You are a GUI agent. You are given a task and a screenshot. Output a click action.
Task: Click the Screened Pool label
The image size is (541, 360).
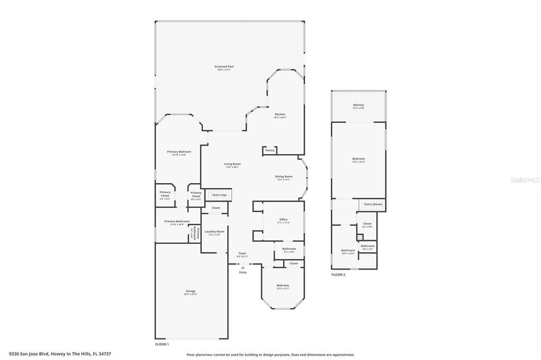[x=224, y=68]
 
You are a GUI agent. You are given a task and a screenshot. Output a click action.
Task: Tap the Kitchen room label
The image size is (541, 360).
[x=280, y=115]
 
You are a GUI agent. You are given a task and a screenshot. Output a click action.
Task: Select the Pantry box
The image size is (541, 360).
[x=270, y=150]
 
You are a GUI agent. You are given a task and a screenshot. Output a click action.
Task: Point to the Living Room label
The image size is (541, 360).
[x=232, y=165]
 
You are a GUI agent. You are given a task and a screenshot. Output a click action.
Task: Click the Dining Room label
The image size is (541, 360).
[x=284, y=177]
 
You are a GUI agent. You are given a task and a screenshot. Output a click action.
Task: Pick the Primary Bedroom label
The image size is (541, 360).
[x=179, y=153]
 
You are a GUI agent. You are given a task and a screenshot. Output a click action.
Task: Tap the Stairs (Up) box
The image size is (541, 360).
[x=219, y=195]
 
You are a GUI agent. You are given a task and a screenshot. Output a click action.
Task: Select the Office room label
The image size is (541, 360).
[x=283, y=220]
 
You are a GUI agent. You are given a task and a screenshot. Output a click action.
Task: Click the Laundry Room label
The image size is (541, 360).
[x=214, y=232]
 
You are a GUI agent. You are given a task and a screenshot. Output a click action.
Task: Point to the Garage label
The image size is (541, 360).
[x=191, y=292]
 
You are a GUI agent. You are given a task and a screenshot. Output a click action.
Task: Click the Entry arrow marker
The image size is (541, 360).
[x=243, y=268]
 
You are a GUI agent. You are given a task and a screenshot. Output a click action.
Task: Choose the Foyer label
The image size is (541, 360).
[x=242, y=254]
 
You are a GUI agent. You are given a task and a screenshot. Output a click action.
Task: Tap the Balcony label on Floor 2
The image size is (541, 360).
[x=359, y=106]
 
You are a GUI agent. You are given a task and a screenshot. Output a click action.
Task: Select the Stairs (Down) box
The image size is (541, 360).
[x=373, y=204]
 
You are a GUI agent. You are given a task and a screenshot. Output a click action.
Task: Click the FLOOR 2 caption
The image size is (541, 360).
[x=338, y=275]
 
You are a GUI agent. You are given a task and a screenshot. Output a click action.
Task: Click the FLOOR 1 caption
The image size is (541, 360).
[x=162, y=344]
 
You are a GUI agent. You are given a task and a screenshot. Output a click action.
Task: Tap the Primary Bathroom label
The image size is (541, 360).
[x=176, y=222]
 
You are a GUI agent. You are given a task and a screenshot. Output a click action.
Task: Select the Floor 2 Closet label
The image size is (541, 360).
[x=367, y=224]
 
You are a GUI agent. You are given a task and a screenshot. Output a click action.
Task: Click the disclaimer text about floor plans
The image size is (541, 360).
[x=270, y=355]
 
